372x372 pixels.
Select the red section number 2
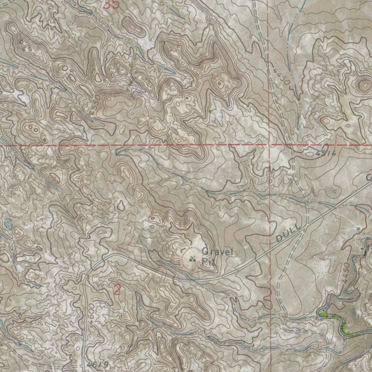117,290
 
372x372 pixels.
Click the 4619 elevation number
98,364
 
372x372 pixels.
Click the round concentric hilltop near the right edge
364,85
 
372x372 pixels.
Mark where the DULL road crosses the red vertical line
272,248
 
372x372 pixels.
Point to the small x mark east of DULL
358,229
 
